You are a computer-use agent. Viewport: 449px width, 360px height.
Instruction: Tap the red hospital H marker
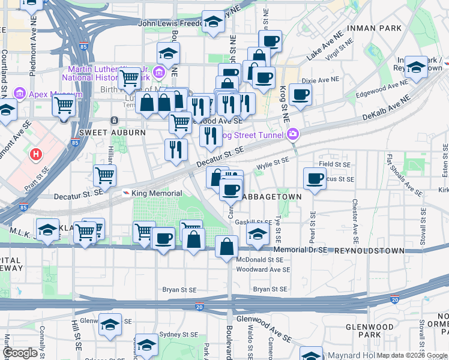coord(36,154)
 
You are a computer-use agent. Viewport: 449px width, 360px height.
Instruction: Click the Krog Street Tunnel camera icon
coord(293,134)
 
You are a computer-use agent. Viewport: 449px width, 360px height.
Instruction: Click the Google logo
coord(20,353)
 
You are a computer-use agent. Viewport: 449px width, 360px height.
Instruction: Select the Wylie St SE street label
coord(273,161)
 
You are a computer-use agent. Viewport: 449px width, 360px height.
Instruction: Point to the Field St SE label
coord(334,164)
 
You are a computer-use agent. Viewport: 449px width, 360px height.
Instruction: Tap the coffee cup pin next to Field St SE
coord(315,178)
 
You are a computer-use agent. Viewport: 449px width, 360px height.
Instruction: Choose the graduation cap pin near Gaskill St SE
coord(258,236)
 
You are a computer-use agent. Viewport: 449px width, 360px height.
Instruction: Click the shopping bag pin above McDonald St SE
coord(226,247)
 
